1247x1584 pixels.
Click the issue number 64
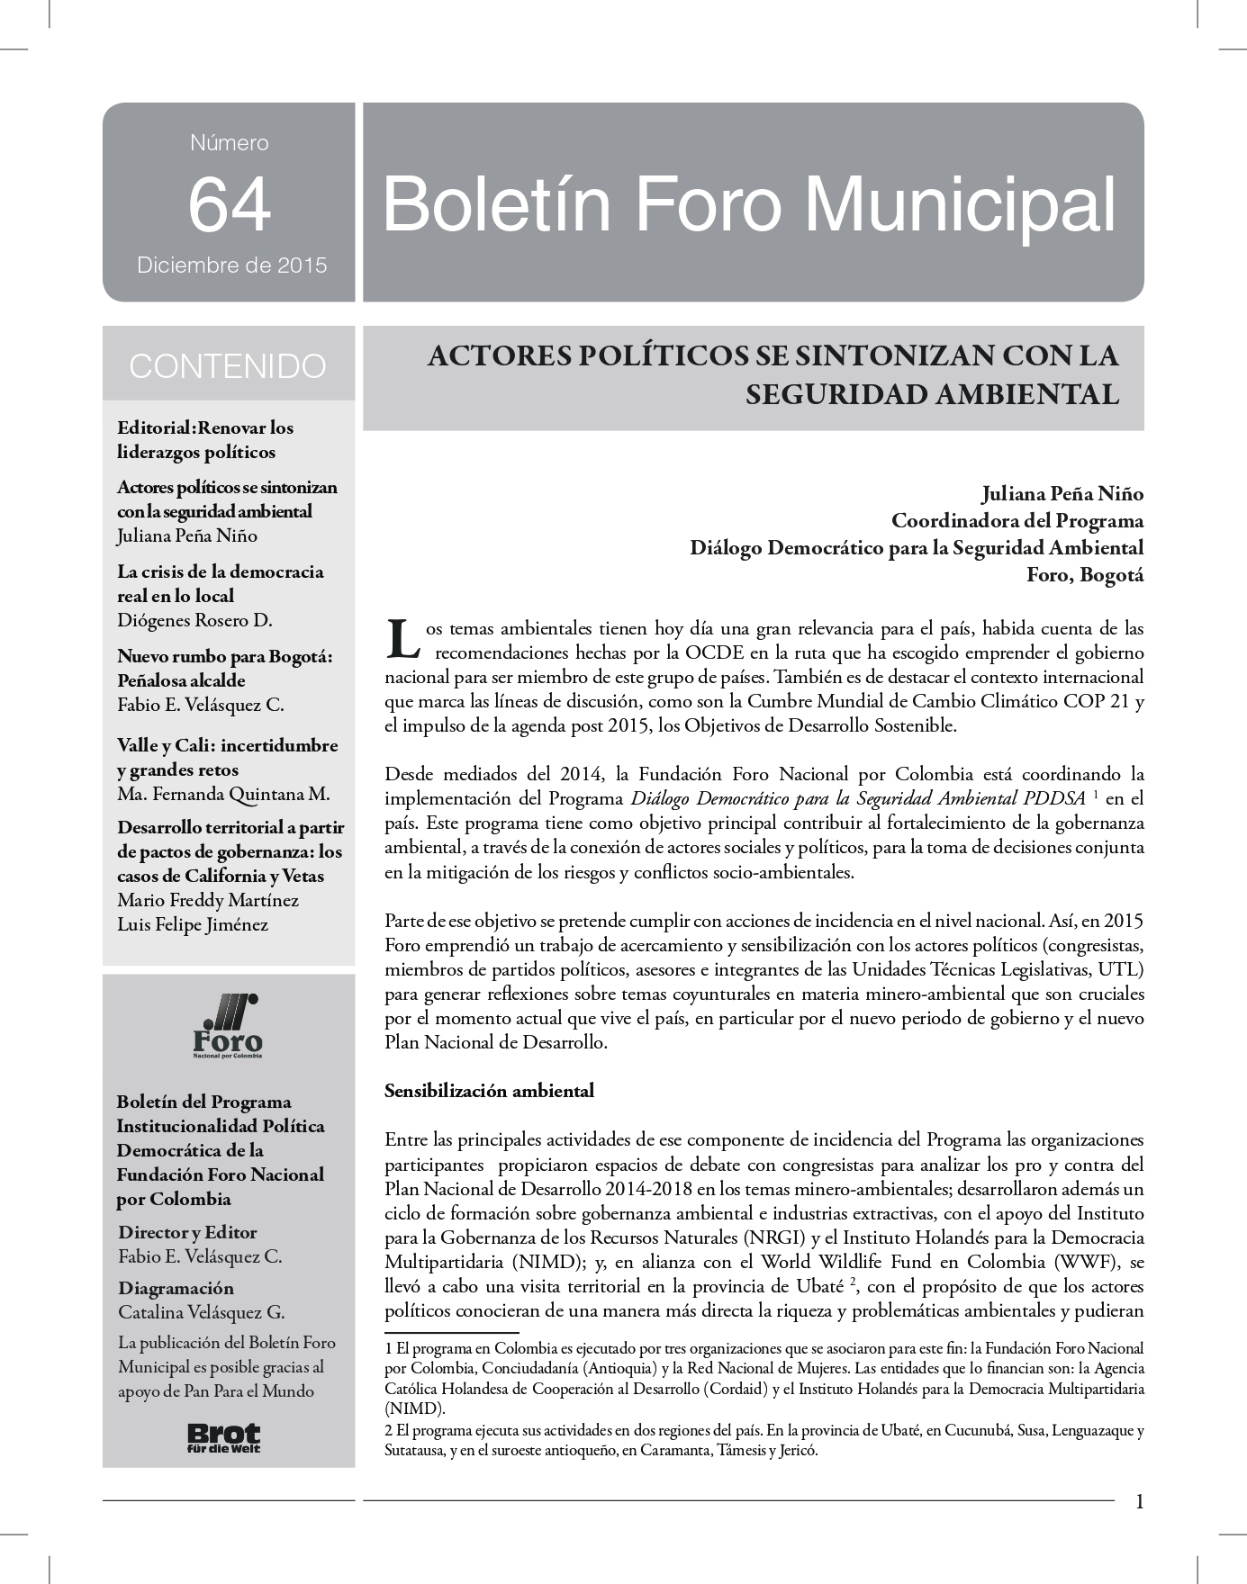[229, 204]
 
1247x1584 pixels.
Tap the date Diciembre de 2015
[231, 265]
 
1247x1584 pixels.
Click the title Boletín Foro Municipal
[749, 203]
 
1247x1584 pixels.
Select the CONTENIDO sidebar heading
[228, 366]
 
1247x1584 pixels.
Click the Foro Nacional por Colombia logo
[229, 1026]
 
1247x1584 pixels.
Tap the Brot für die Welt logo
[223, 1437]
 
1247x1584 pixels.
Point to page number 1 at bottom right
[1139, 1501]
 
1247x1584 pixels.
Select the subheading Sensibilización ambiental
[489, 1091]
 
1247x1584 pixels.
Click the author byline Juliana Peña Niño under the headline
[1062, 493]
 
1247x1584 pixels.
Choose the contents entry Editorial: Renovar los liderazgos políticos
[205, 439]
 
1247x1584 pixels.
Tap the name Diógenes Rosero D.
[194, 620]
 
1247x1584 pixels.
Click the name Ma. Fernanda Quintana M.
[223, 794]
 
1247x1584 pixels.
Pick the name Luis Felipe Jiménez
[193, 924]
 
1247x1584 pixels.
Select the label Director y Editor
[187, 1232]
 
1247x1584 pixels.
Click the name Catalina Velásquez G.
[201, 1312]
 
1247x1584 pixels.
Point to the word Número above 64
[229, 142]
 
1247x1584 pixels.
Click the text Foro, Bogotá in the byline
[1085, 574]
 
